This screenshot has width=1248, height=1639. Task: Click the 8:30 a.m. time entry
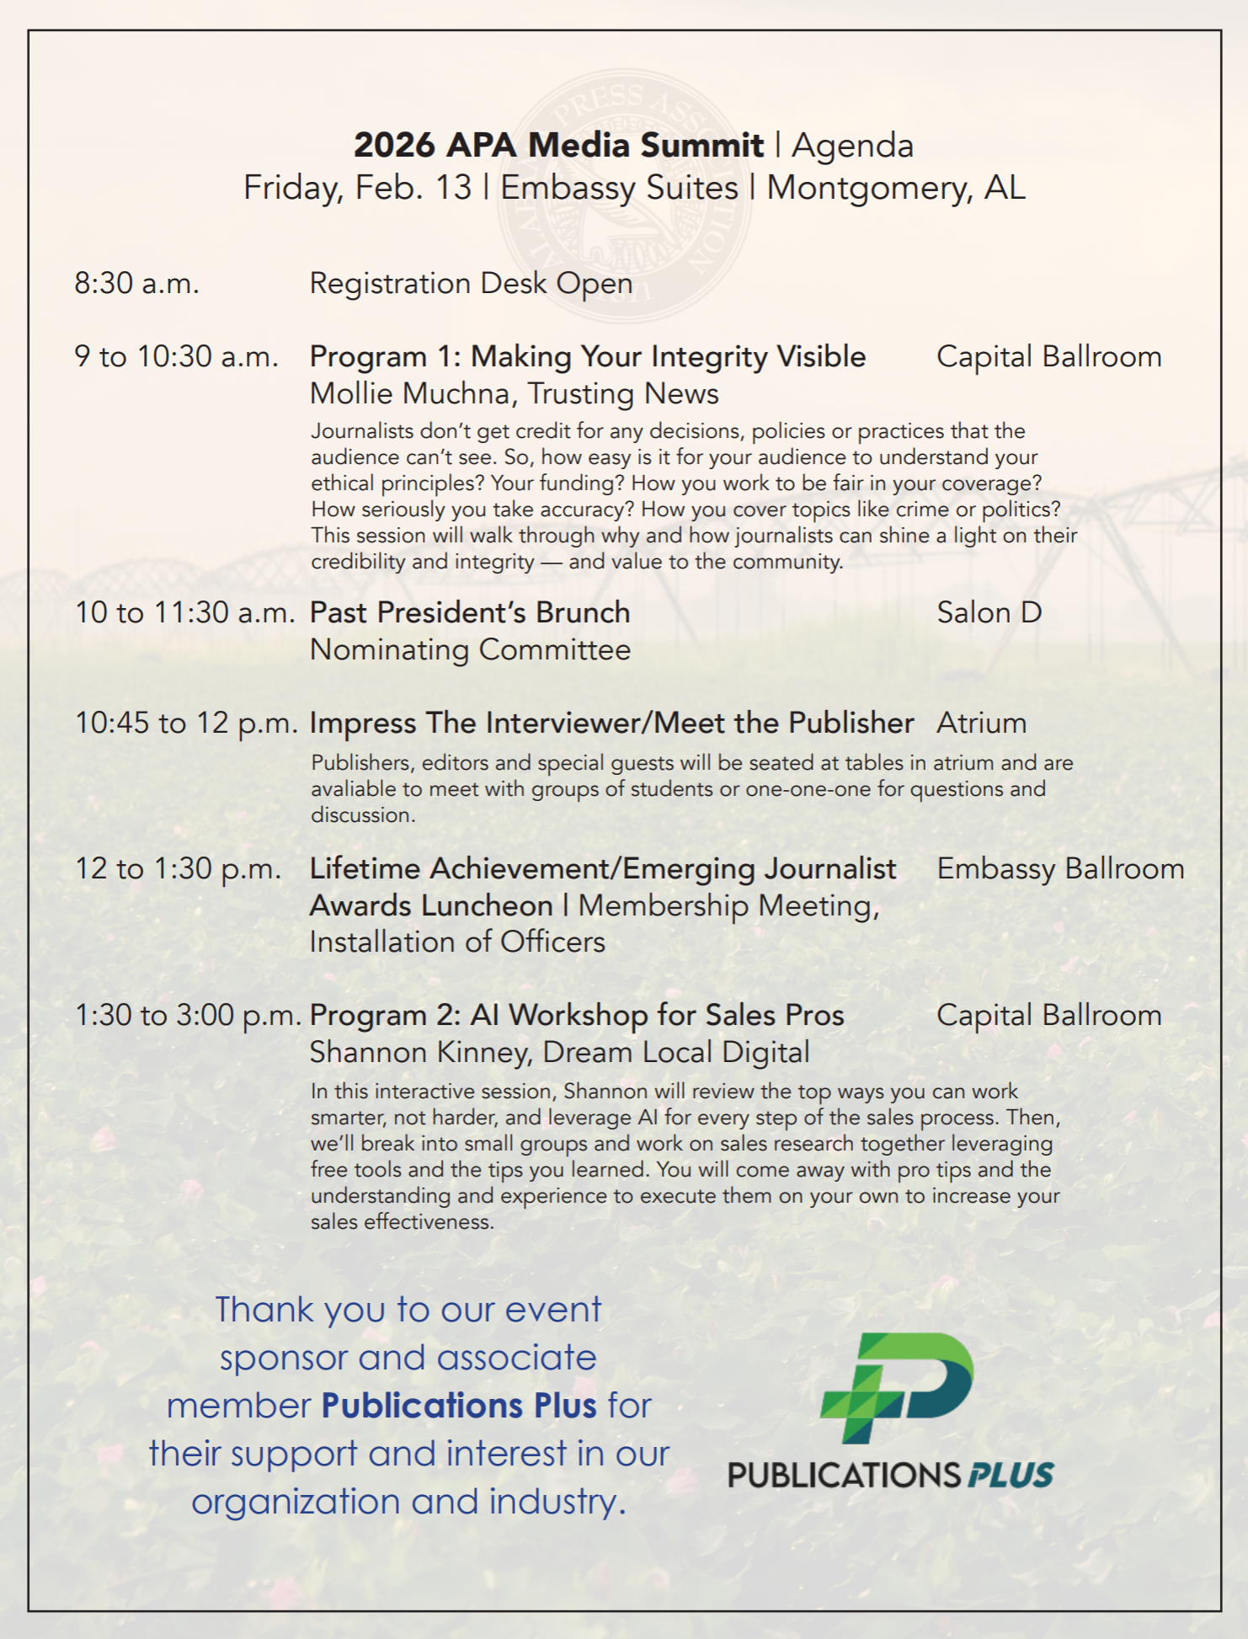pos(136,283)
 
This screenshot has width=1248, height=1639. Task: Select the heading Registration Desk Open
pos(471,284)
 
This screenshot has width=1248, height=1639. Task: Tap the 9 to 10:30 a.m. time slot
pos(176,357)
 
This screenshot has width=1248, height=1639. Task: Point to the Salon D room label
pos(989,612)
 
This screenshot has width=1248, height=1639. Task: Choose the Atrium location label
pos(981,723)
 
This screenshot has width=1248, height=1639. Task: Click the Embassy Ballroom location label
pos(1060,869)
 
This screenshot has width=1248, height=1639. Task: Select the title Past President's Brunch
pos(470,612)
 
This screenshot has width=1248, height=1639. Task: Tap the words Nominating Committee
pos(470,650)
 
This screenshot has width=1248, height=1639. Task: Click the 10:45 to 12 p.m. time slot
pos(186,723)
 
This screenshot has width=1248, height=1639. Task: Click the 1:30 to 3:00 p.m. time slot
pos(188,1016)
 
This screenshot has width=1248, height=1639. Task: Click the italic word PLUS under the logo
pos(1011,1476)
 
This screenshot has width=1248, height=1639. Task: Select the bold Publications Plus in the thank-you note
pos(459,1406)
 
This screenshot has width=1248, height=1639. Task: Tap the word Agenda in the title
pos(852,146)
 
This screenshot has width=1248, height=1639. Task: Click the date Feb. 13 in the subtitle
pos(413,188)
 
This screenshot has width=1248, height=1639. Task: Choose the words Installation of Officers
pos(457,942)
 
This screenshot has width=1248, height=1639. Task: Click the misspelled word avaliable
pos(354,789)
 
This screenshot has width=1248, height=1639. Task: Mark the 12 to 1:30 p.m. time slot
pos(178,869)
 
